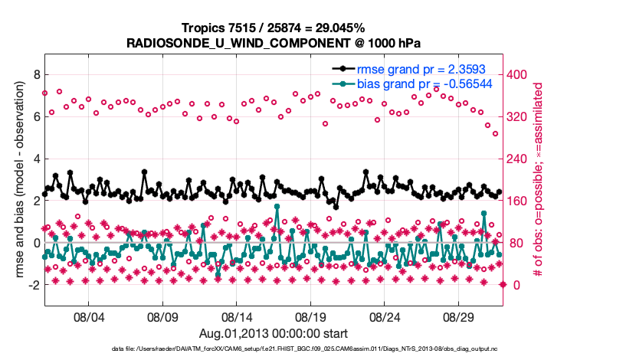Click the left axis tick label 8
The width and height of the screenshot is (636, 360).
(35, 74)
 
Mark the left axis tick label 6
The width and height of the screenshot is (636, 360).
(35, 116)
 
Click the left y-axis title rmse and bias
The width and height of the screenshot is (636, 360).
(19, 180)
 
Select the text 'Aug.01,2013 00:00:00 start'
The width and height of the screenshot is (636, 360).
(274, 333)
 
